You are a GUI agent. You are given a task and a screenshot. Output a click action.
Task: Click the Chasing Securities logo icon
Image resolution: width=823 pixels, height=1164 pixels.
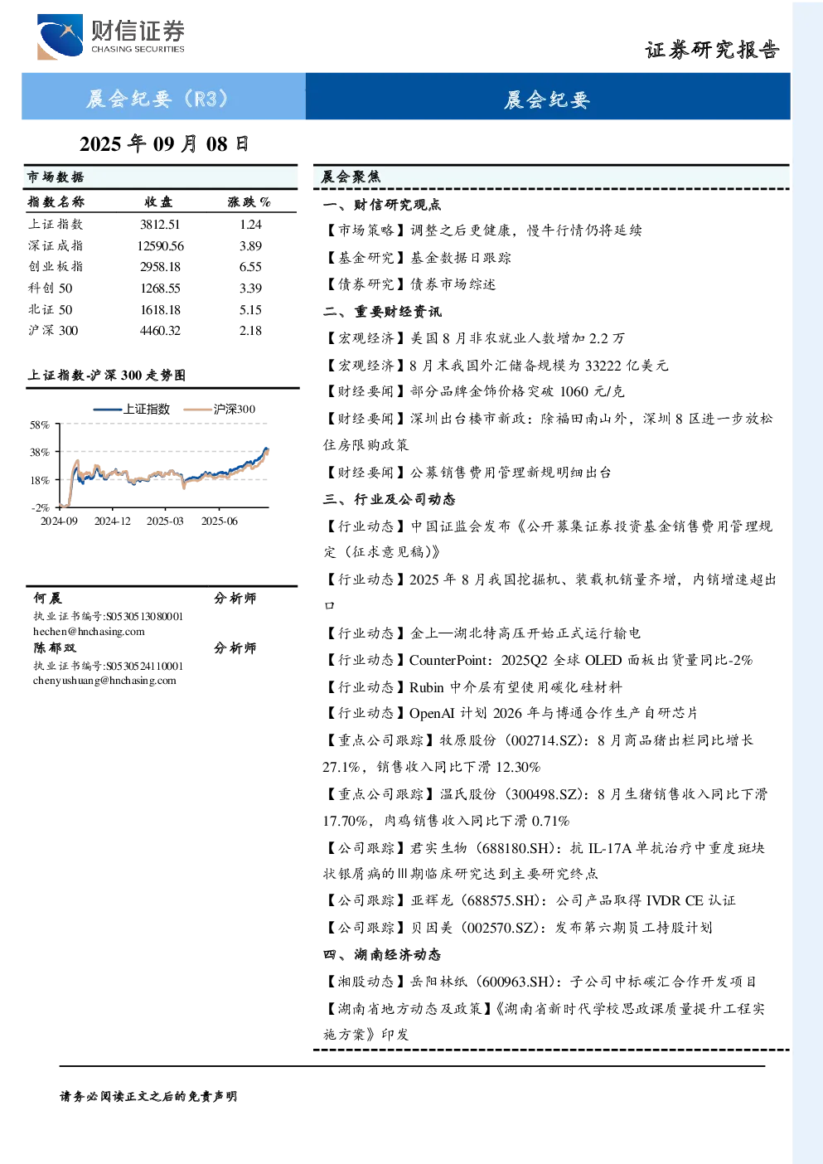[x=60, y=36]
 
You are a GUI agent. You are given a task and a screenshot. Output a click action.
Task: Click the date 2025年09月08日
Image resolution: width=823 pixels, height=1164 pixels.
[x=164, y=144]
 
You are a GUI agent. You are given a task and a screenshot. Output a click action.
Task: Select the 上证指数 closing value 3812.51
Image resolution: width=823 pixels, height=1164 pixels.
[x=160, y=225]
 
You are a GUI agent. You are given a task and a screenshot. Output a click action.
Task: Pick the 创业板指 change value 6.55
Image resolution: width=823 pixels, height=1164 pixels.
[x=250, y=267]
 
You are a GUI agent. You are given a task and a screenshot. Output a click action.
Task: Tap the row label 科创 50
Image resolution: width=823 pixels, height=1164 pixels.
[x=51, y=288]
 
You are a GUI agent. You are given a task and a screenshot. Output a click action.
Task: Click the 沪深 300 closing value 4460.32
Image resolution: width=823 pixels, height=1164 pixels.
[x=160, y=331]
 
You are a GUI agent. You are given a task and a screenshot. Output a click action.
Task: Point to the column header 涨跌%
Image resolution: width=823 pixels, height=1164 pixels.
[x=249, y=201]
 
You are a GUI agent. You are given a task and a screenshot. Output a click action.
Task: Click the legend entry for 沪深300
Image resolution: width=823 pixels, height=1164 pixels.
[x=220, y=409]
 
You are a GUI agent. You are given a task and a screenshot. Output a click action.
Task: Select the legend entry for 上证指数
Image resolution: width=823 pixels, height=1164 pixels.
[x=132, y=409]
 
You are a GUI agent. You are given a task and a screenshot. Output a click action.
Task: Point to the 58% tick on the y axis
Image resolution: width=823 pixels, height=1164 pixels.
[x=40, y=425]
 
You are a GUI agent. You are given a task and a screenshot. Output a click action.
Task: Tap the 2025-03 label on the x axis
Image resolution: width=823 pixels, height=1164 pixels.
[x=165, y=521]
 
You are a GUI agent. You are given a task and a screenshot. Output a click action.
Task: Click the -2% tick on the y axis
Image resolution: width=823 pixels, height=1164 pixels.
[x=41, y=507]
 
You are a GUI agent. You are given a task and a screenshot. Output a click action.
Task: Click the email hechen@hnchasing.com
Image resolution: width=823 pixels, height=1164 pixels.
[x=89, y=632]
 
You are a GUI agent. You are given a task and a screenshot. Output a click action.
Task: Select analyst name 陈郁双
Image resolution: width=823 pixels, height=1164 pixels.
[x=55, y=648]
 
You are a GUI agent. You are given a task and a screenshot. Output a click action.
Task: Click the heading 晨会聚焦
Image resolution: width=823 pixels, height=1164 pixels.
[x=351, y=177]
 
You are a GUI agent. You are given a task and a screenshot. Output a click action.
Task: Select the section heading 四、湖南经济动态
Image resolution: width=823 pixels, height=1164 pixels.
[x=382, y=954]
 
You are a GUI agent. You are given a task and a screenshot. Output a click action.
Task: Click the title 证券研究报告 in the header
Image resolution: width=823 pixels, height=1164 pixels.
[x=712, y=50]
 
